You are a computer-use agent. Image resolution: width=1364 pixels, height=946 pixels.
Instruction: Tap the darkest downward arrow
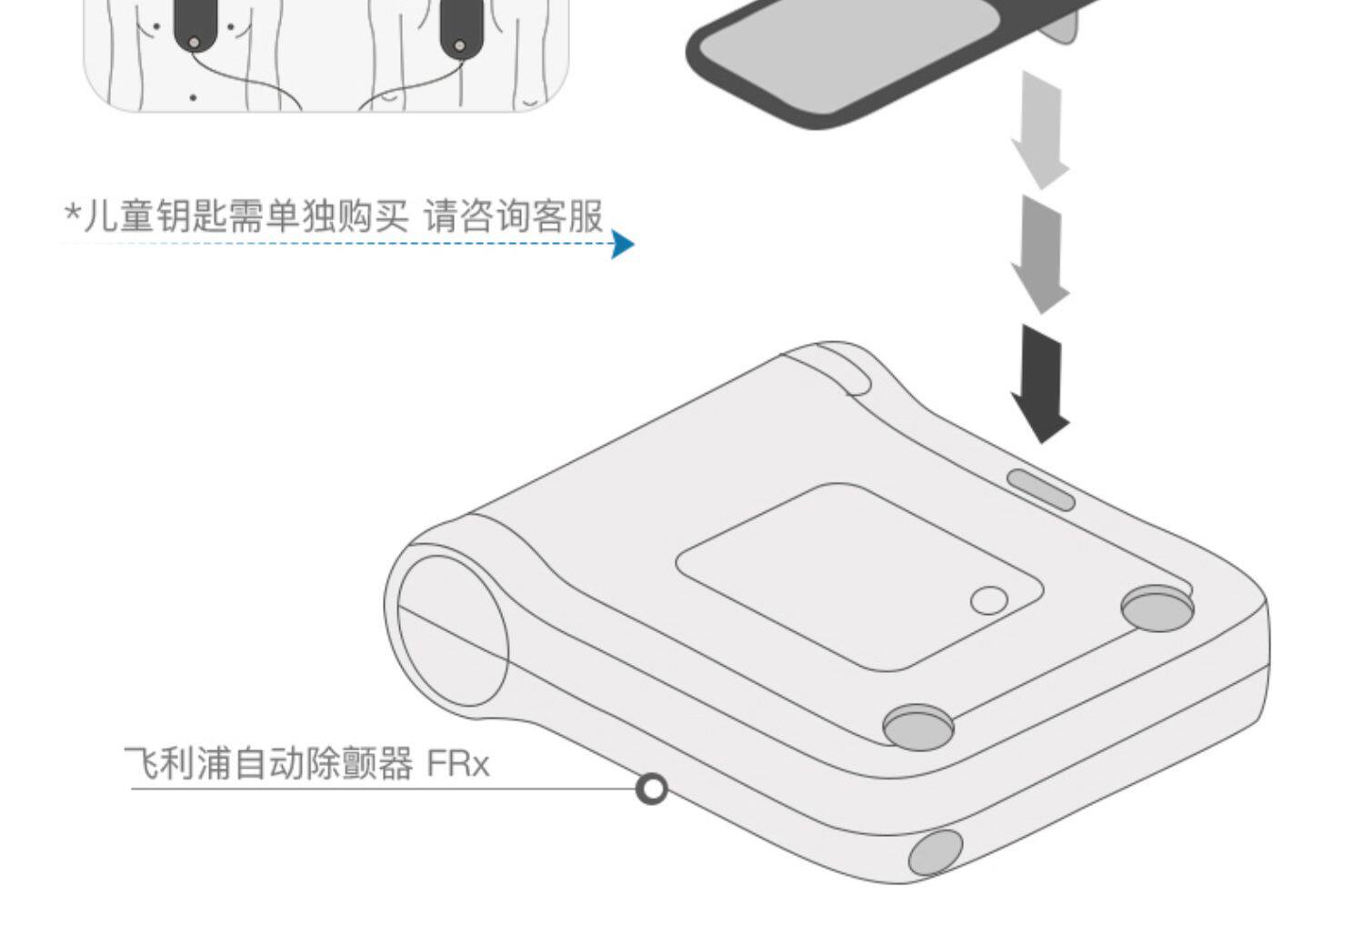coord(1041,382)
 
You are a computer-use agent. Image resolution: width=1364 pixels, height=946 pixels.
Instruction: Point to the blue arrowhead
coord(622,244)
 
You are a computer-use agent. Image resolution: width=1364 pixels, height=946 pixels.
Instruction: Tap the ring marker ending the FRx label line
coord(651,789)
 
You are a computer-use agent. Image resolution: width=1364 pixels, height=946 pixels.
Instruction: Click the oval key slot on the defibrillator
coord(1041,489)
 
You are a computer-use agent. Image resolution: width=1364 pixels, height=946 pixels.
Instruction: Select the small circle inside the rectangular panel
coord(988,600)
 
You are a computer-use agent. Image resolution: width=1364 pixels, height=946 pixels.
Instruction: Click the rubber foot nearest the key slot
coord(1157,608)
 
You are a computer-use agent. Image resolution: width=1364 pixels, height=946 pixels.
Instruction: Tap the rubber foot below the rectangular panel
coord(918,726)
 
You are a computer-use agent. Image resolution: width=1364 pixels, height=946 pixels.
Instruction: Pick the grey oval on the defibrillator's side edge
coord(936,852)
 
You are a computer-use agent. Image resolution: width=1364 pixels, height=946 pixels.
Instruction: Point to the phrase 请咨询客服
coord(513,216)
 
